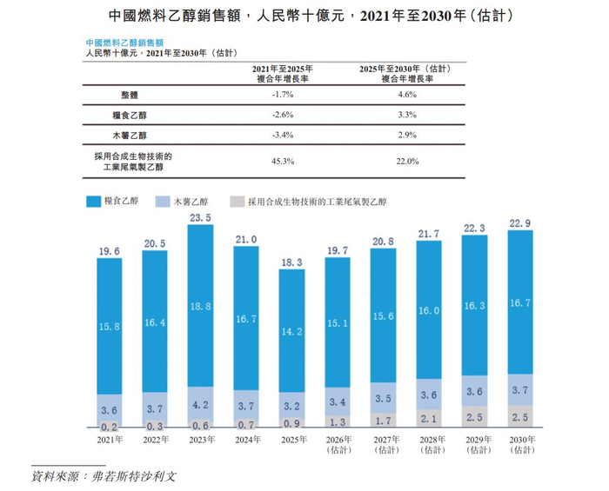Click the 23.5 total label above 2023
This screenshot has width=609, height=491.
click(201, 217)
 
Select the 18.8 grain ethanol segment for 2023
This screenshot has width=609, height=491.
click(201, 306)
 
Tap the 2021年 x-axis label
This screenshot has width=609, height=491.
click(110, 440)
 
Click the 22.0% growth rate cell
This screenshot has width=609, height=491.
click(407, 161)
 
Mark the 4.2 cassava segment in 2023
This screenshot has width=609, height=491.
click(201, 404)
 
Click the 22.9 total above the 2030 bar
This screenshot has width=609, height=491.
click(519, 223)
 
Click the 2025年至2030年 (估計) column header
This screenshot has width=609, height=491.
click(407, 72)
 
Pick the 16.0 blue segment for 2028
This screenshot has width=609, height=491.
click(429, 310)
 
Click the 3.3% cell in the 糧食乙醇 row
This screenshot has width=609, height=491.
click(407, 114)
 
